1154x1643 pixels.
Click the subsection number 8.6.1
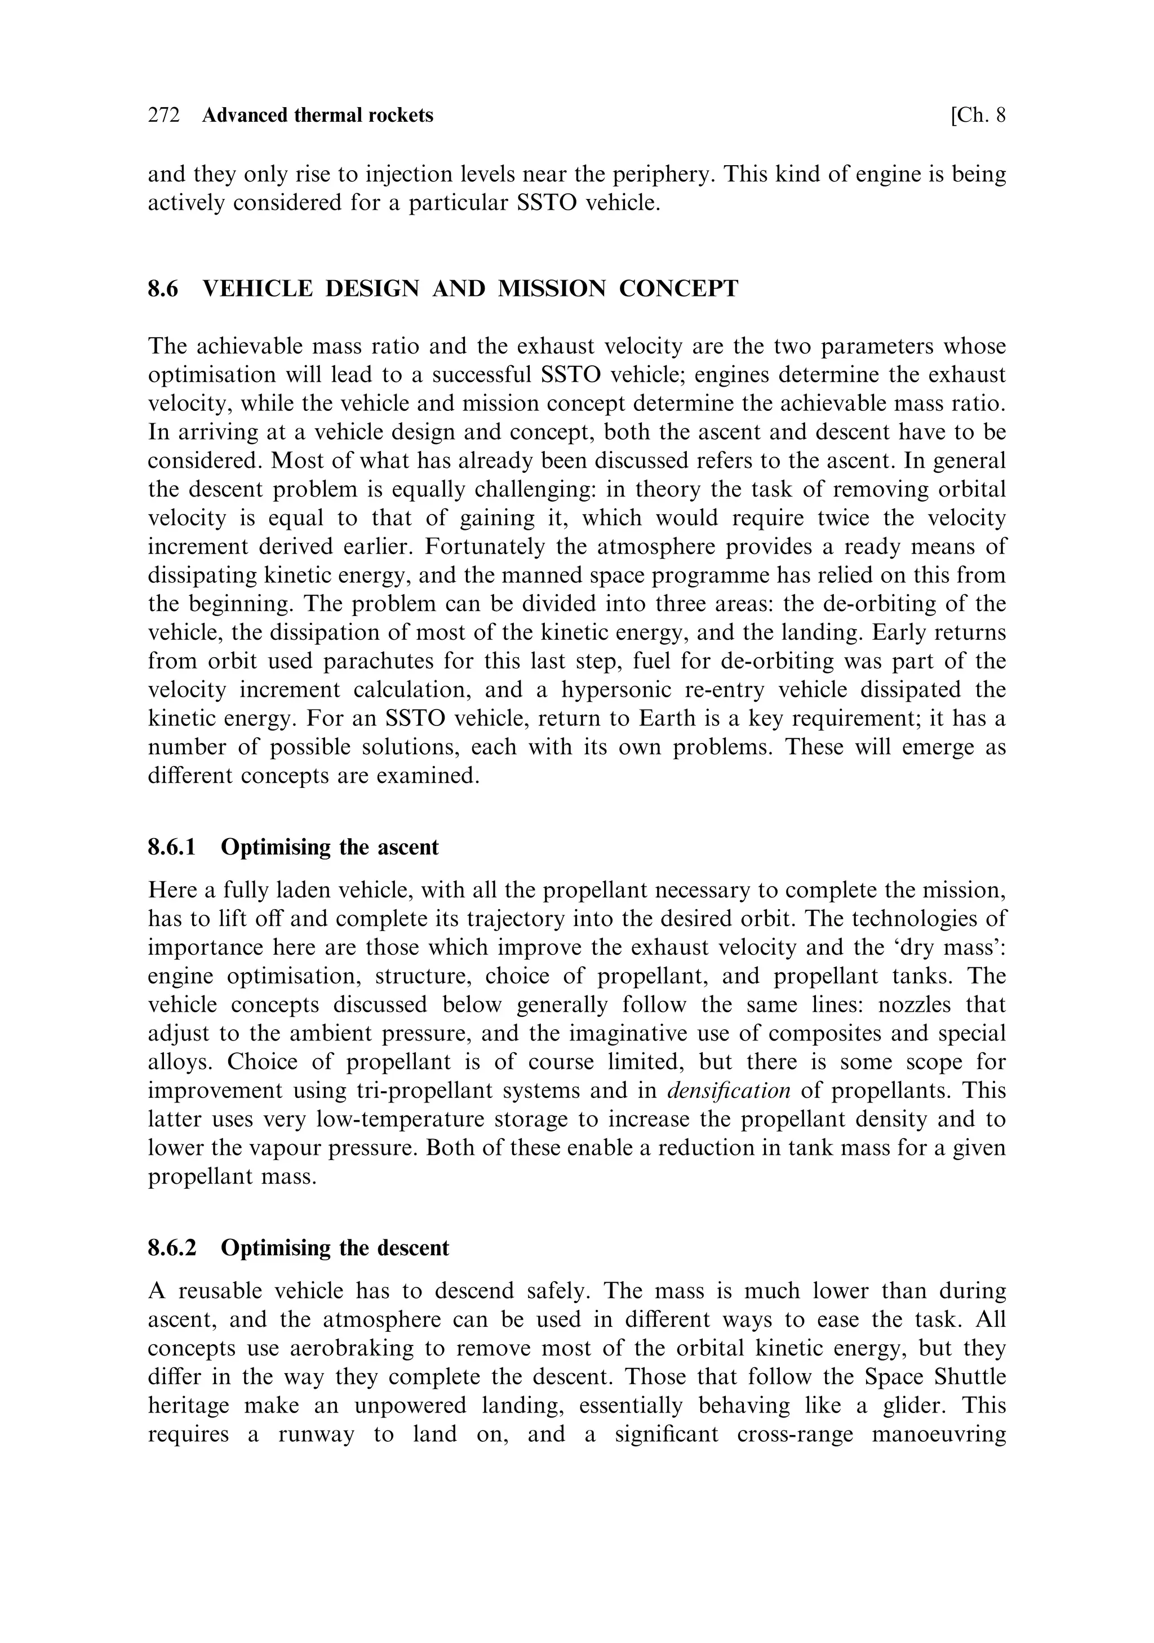tap(172, 847)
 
